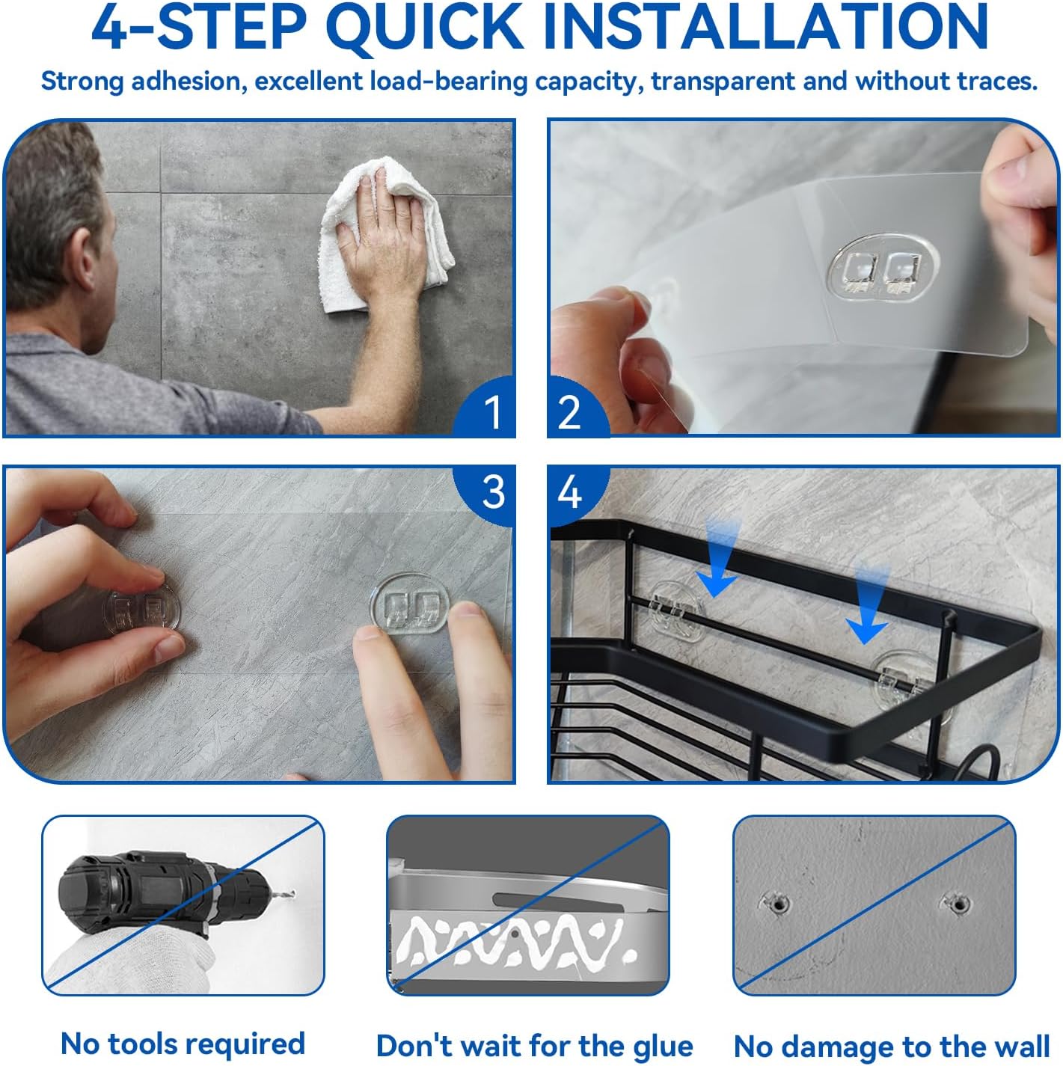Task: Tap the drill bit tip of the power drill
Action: [292, 893]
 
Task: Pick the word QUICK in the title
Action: [424, 28]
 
